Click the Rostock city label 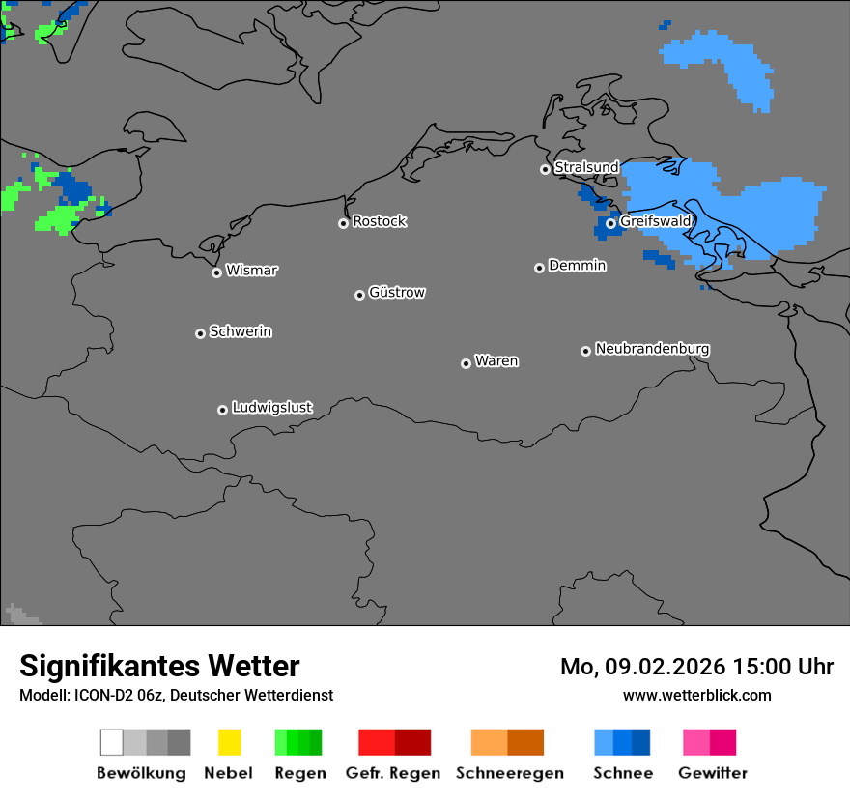pyautogui.click(x=380, y=221)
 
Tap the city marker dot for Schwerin pyautogui.click(x=200, y=333)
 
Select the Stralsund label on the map pyautogui.click(x=586, y=167)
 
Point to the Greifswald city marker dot pyautogui.click(x=610, y=223)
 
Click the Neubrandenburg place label pyautogui.click(x=652, y=349)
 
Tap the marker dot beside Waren pyautogui.click(x=466, y=363)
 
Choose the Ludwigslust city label pyautogui.click(x=271, y=408)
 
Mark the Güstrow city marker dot pyautogui.click(x=359, y=295)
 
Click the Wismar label pyautogui.click(x=251, y=271)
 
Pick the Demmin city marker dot pyautogui.click(x=539, y=268)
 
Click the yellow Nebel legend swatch pyautogui.click(x=229, y=742)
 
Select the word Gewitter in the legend pyautogui.click(x=713, y=773)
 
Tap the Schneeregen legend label pyautogui.click(x=510, y=773)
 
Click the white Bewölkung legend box pyautogui.click(x=112, y=742)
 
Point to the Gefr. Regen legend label pyautogui.click(x=393, y=773)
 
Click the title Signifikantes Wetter pyautogui.click(x=159, y=667)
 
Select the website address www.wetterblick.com pyautogui.click(x=696, y=695)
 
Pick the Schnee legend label pyautogui.click(x=623, y=773)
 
